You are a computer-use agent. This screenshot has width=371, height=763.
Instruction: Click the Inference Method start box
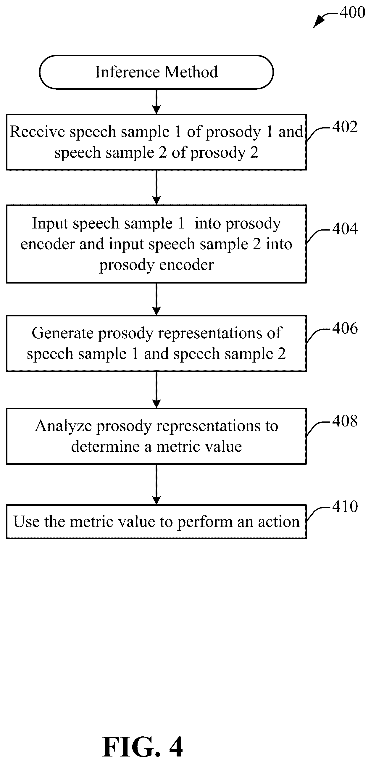[156, 72]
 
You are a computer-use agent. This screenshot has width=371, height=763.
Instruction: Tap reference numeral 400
[352, 12]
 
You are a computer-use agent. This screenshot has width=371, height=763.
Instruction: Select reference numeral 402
[345, 127]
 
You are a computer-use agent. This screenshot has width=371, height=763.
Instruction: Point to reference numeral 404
[345, 229]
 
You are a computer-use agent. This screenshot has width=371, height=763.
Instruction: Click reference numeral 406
[345, 328]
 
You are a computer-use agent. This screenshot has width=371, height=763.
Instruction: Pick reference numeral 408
[345, 421]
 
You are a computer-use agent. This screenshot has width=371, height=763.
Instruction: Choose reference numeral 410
[345, 506]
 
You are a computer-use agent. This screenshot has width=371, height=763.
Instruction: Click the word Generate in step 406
[63, 333]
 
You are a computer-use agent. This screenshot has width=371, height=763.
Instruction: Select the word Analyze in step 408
[64, 426]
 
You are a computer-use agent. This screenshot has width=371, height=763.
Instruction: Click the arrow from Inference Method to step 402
[156, 102]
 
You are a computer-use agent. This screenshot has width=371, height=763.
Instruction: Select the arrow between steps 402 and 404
[156, 187]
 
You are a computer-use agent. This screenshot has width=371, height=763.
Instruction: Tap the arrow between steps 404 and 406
[156, 299]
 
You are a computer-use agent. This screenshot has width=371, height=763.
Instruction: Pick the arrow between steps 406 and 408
[156, 390]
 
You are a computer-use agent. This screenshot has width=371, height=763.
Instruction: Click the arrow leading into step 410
[156, 484]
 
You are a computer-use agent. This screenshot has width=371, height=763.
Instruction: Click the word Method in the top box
[191, 72]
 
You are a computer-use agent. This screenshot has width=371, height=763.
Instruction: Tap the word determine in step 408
[105, 447]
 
